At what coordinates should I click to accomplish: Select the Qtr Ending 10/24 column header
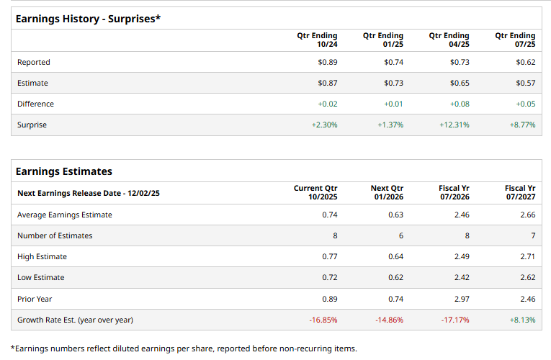click(x=317, y=40)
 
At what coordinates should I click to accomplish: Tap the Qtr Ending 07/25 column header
click(x=515, y=40)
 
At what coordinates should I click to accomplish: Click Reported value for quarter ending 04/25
click(x=460, y=62)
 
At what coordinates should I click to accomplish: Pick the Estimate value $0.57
click(x=526, y=83)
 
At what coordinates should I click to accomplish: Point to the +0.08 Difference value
click(x=460, y=104)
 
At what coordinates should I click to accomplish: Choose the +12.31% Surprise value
click(x=454, y=125)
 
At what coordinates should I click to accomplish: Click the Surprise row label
click(x=32, y=125)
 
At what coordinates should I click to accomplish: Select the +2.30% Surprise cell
click(x=324, y=125)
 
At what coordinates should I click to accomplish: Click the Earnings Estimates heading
click(x=64, y=171)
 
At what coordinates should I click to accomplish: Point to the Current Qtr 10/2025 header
click(x=315, y=192)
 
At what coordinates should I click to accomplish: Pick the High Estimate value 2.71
click(x=527, y=256)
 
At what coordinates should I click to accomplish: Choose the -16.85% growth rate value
click(x=323, y=319)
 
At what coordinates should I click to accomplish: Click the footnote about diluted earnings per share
click(x=184, y=348)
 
